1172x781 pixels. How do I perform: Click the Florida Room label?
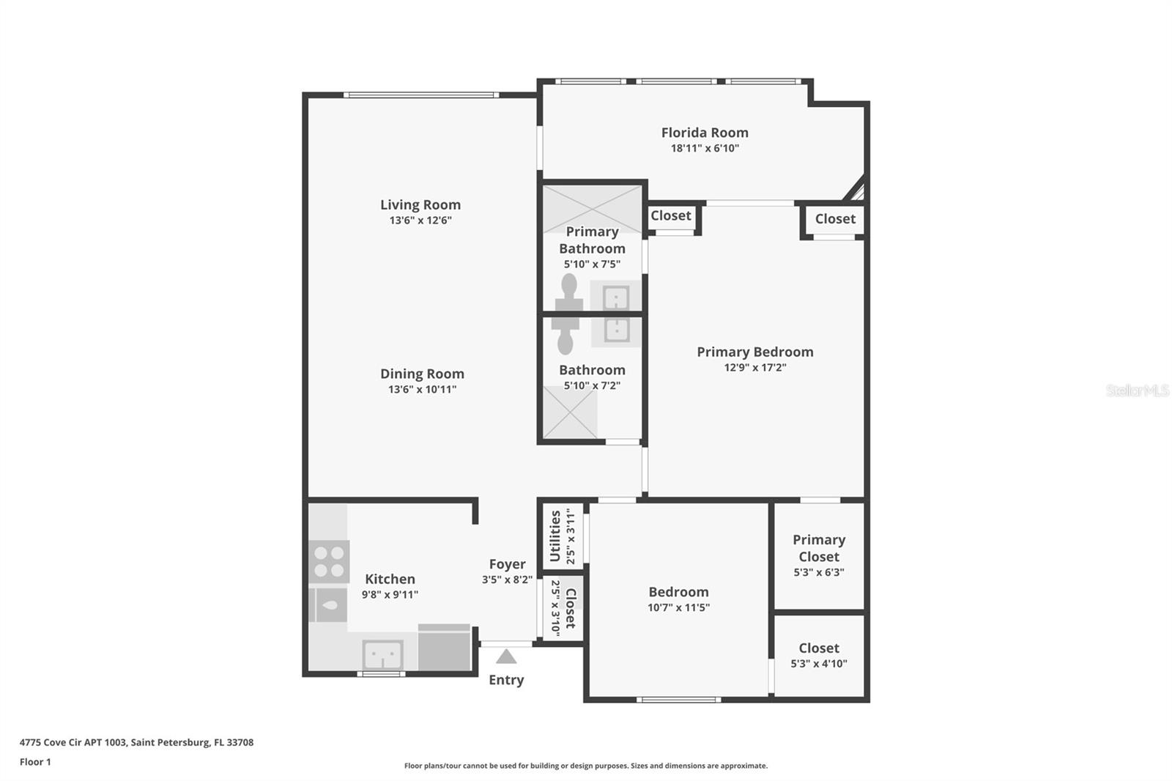pyautogui.click(x=705, y=133)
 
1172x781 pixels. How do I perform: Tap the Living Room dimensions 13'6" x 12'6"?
pyautogui.click(x=420, y=221)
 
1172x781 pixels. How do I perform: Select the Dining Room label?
pyautogui.click(x=422, y=374)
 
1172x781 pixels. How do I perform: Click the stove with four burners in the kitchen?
pyautogui.click(x=329, y=562)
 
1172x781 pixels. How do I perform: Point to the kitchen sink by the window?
pyautogui.click(x=382, y=654)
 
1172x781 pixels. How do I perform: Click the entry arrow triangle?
pyautogui.click(x=506, y=656)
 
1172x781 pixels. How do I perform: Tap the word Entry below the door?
pyautogui.click(x=506, y=680)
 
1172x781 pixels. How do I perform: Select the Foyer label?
pyautogui.click(x=507, y=564)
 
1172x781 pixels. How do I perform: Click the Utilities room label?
pyautogui.click(x=555, y=536)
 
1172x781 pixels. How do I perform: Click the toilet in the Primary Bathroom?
pyautogui.click(x=568, y=292)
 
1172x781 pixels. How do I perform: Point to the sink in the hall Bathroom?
pyautogui.click(x=616, y=330)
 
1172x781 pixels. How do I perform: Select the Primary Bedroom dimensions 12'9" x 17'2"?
pyautogui.click(x=754, y=368)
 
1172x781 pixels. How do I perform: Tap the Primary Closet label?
pyautogui.click(x=819, y=548)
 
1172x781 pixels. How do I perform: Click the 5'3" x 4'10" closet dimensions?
pyautogui.click(x=819, y=664)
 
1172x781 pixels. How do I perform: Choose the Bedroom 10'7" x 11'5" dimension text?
pyautogui.click(x=678, y=607)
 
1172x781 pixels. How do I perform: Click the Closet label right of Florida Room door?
pyautogui.click(x=835, y=219)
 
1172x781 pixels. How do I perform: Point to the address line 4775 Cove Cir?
pyautogui.click(x=136, y=742)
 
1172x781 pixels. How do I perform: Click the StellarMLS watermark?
pyautogui.click(x=1137, y=390)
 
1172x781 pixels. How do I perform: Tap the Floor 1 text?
pyautogui.click(x=35, y=762)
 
